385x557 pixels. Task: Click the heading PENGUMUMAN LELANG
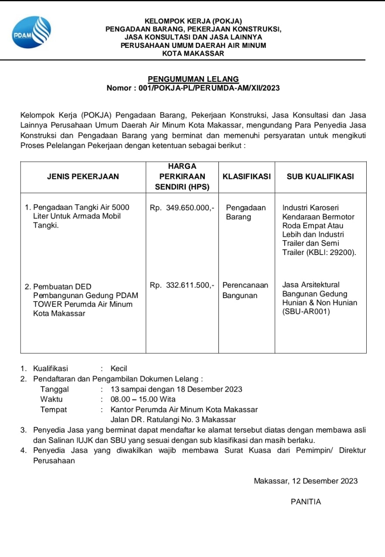[x=193, y=79]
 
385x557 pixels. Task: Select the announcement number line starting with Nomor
[x=193, y=88]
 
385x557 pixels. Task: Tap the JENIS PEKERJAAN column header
[x=83, y=177]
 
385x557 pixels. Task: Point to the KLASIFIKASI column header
[x=246, y=177]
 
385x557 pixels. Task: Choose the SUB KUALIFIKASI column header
[x=320, y=177]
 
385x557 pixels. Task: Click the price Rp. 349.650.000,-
[x=182, y=208]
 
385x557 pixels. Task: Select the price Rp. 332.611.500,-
[x=182, y=285]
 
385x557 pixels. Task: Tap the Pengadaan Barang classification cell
[x=246, y=212]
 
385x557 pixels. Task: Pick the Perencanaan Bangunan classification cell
[x=245, y=290]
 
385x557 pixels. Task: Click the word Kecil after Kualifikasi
[x=119, y=369]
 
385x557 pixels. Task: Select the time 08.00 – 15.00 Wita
[x=143, y=399]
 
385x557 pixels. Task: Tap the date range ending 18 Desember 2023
[x=177, y=389]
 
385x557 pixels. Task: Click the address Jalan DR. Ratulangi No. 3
[x=173, y=420]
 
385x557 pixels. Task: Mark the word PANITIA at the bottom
[x=306, y=502]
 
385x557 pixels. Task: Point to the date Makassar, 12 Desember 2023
[x=306, y=481]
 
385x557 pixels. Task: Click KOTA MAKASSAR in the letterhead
[x=193, y=54]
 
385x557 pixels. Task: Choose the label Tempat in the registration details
[x=54, y=409]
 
